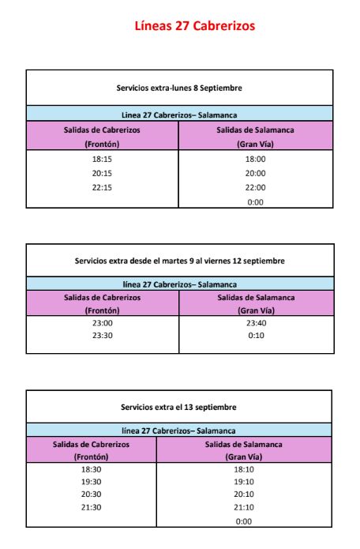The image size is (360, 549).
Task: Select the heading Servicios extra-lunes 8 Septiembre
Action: coord(179,87)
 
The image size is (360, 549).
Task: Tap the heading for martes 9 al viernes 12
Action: coord(179,260)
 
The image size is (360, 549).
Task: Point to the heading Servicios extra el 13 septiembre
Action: coord(179,407)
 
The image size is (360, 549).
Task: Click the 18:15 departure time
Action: coord(102,159)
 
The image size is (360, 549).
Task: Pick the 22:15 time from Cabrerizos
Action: coord(102,187)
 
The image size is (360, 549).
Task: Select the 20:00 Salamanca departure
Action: coord(255,173)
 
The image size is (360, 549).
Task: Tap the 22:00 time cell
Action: coord(255,187)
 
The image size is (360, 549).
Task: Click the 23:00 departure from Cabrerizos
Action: coord(103,322)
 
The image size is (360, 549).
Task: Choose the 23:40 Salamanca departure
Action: coord(256,322)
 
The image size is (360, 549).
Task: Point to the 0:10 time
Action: coord(256,335)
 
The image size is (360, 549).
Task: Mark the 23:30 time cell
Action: coord(103,335)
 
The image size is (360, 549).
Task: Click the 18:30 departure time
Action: coord(92,468)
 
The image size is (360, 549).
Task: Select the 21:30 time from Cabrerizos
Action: coord(92,508)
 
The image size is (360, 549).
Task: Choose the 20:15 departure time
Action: coord(102,173)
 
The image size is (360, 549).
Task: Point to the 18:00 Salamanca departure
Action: coord(255,159)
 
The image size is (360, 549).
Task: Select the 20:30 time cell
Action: coord(92,494)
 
